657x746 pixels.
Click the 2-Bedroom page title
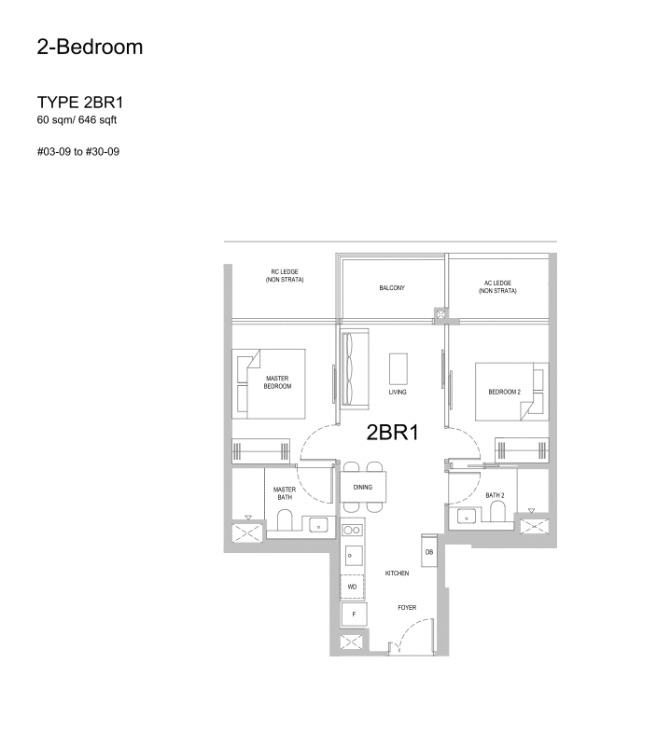(x=90, y=48)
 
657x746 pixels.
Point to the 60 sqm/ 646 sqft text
(x=77, y=120)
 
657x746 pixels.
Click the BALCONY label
(x=392, y=288)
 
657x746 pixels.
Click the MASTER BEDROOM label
(x=278, y=382)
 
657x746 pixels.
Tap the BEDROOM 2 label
(x=504, y=392)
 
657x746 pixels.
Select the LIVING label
(x=398, y=393)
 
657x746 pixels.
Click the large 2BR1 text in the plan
(x=391, y=432)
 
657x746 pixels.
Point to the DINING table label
(x=363, y=487)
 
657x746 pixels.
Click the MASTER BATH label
(x=284, y=493)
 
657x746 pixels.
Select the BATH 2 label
(x=495, y=494)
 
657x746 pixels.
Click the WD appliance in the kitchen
(x=352, y=587)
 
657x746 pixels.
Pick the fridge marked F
(x=353, y=615)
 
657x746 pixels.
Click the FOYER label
(x=406, y=608)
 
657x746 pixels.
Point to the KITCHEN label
(x=398, y=573)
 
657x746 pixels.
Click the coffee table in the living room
(x=398, y=367)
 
